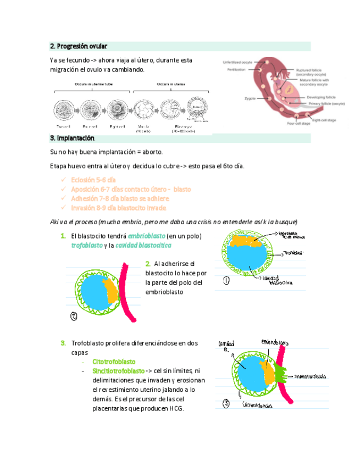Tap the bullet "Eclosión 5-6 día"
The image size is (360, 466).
point(93,180)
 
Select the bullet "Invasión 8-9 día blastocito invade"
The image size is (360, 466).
point(119,208)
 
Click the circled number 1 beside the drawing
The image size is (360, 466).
point(227,282)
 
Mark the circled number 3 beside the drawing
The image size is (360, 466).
point(226,404)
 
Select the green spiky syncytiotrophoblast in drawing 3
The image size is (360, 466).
point(283,373)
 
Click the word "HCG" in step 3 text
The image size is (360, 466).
point(176,409)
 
